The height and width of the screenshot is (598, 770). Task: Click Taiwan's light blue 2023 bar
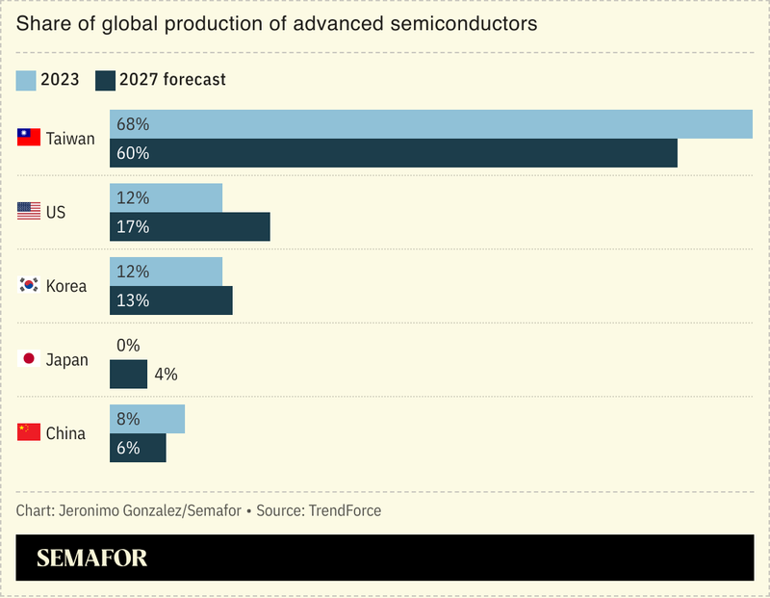click(431, 124)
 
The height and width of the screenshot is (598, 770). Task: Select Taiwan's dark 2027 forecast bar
click(394, 153)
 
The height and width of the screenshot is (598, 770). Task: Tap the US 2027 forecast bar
click(190, 227)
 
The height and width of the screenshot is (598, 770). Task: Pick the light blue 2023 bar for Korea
click(166, 272)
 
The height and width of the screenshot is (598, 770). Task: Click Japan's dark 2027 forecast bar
click(128, 374)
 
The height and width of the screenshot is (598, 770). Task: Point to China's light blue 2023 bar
click(147, 419)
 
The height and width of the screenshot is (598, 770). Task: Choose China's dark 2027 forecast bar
click(138, 448)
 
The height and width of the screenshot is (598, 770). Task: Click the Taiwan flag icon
click(29, 138)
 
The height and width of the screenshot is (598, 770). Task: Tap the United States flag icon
click(29, 212)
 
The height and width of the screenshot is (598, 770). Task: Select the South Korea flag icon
click(29, 286)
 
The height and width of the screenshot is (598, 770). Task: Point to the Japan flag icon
click(29, 359)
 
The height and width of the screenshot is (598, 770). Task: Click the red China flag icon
click(29, 432)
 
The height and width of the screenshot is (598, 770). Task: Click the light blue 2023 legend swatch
click(26, 80)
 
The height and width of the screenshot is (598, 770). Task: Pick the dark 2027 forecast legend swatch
click(105, 80)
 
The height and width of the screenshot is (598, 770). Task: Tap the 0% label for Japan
click(128, 345)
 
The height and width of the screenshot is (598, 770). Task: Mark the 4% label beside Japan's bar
click(166, 375)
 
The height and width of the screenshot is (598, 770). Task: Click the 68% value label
click(132, 124)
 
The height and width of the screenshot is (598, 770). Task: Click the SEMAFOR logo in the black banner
click(91, 559)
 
